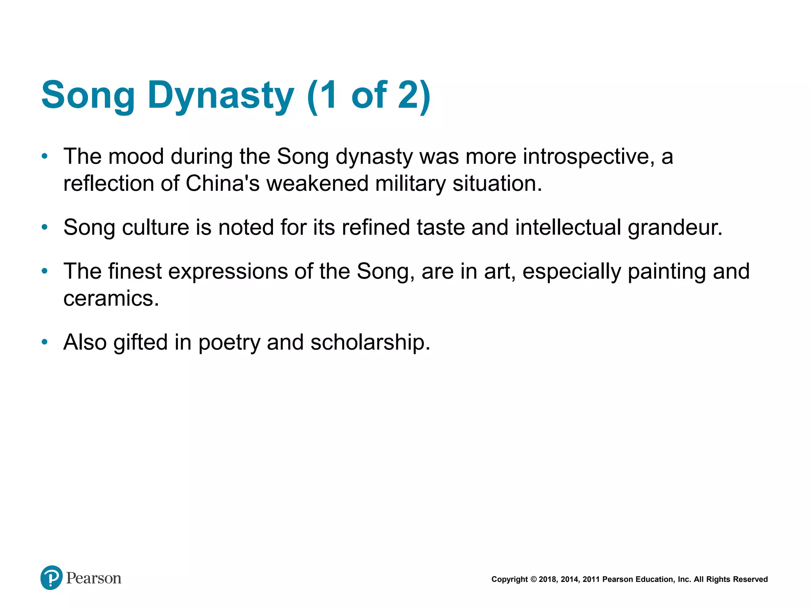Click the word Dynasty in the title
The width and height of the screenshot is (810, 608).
(x=221, y=95)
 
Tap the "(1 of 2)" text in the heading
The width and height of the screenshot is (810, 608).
(x=369, y=95)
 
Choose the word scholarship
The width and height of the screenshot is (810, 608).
(x=370, y=342)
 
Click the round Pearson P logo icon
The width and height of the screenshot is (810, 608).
(x=51, y=578)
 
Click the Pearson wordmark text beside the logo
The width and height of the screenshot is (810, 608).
(x=94, y=578)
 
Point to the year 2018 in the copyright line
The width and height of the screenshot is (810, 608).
(x=547, y=579)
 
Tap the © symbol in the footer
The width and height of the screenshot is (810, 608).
(x=533, y=579)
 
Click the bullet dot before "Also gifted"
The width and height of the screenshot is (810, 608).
(x=45, y=342)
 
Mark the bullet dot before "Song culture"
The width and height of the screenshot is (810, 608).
(x=45, y=227)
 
